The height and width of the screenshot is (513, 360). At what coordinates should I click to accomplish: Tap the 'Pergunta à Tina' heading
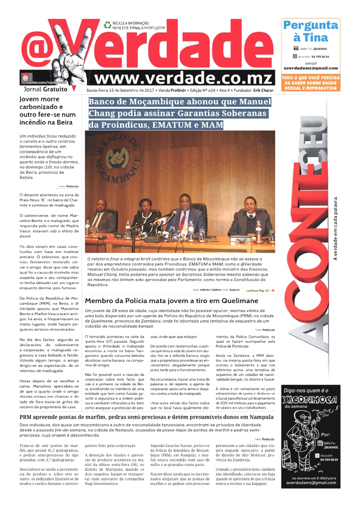[x=310, y=31]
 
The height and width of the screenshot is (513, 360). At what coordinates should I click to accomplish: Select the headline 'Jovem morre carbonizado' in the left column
[x=48, y=107]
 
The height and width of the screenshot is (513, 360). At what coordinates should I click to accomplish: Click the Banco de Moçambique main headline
[x=179, y=113]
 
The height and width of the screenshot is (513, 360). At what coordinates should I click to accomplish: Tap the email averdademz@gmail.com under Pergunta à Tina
[x=310, y=68]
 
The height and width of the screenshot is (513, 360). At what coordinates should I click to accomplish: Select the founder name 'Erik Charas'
[x=263, y=91]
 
